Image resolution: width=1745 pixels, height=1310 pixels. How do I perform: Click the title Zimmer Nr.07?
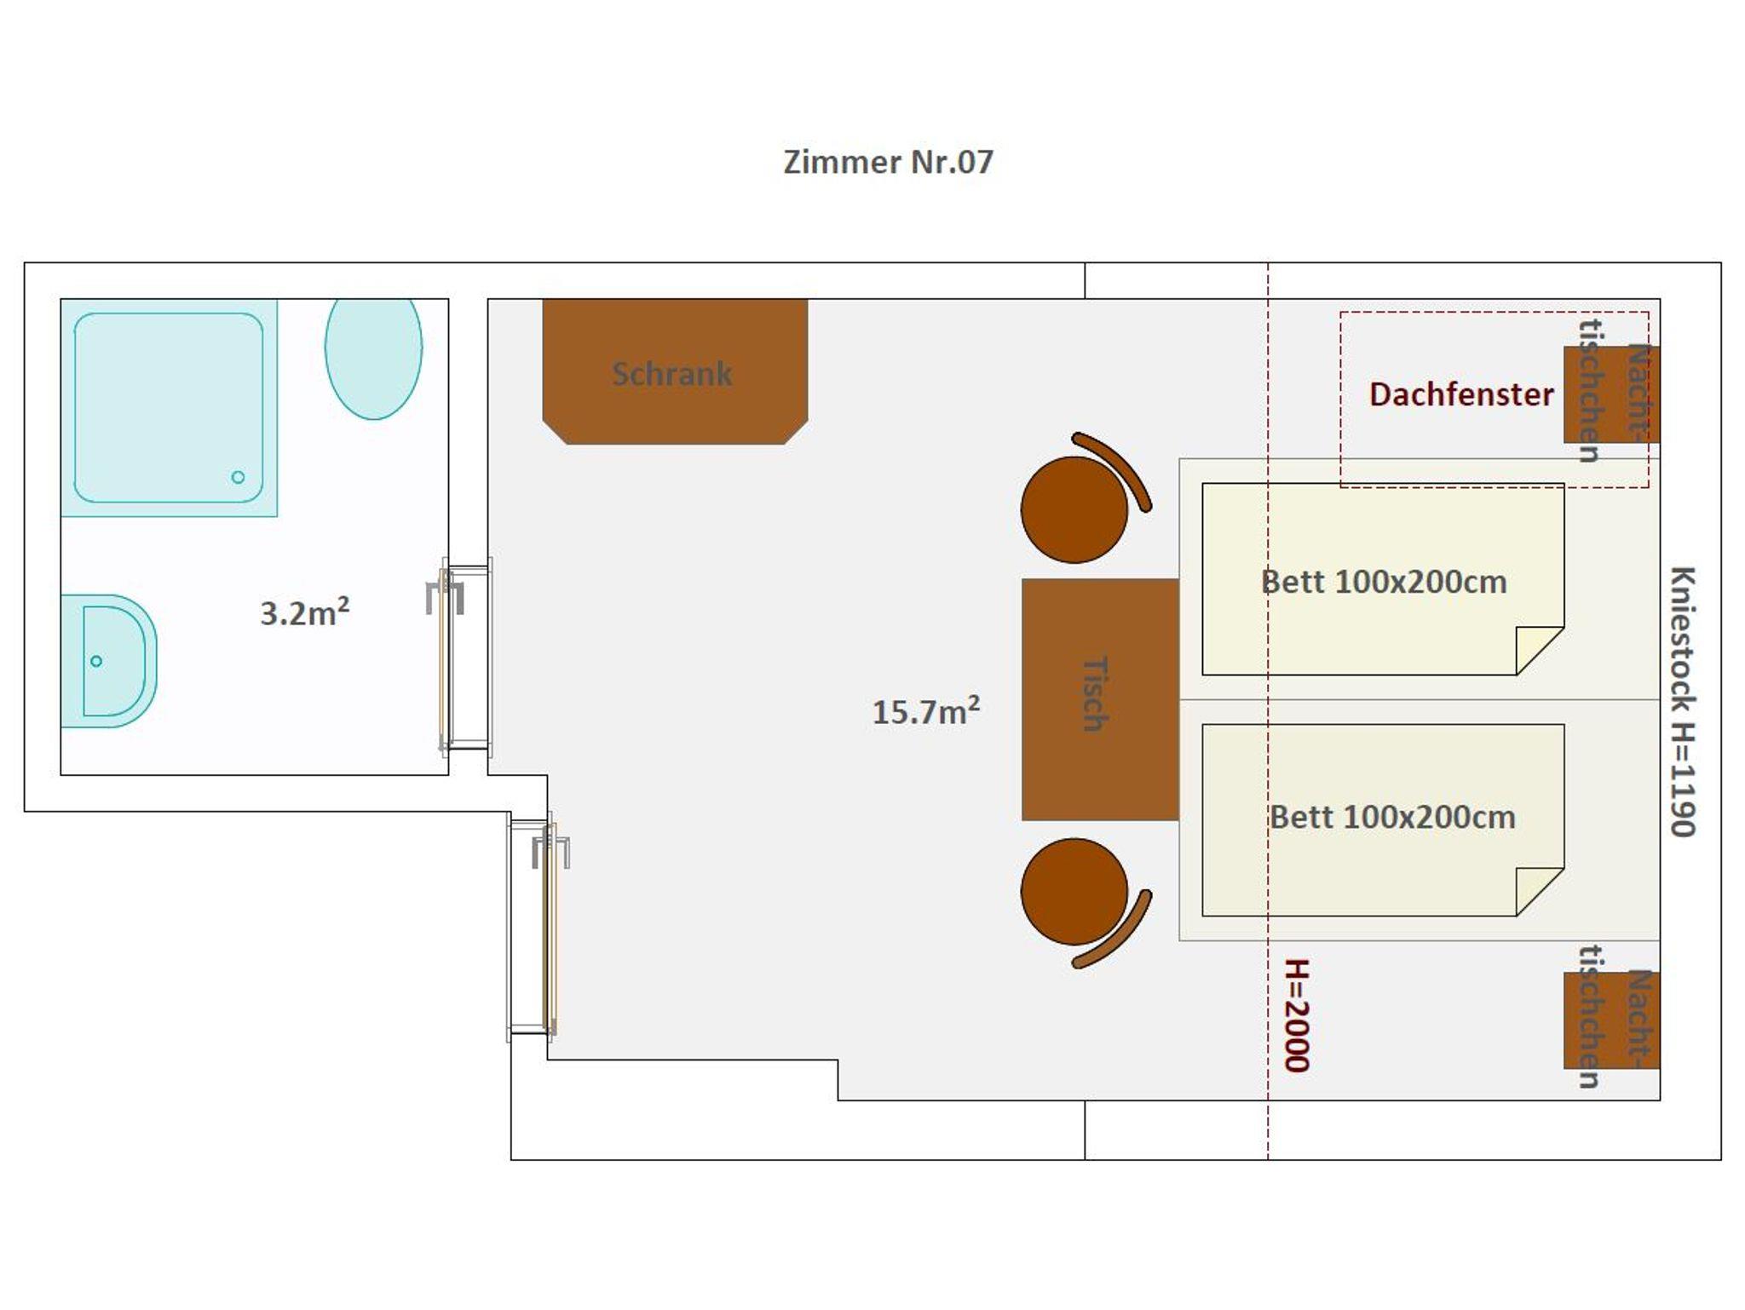[888, 162]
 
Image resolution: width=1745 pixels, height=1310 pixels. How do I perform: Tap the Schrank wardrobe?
[675, 371]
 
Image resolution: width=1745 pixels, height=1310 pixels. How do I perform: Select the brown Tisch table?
[1100, 699]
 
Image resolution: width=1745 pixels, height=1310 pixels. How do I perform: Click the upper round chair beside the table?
[1074, 509]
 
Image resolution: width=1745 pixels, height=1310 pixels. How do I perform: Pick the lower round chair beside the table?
[1074, 891]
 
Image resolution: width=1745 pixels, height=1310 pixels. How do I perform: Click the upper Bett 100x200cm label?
[1384, 582]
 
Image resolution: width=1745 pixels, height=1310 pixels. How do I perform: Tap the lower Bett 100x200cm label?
[1392, 817]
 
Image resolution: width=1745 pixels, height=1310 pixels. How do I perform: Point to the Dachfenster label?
[1461, 394]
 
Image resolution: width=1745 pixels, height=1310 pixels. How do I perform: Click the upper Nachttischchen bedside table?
[1611, 394]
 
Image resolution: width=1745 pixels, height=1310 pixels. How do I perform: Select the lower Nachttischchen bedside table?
[1611, 1020]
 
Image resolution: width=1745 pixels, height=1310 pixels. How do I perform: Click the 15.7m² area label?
[926, 711]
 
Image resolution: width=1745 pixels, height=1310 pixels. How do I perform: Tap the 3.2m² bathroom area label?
[304, 612]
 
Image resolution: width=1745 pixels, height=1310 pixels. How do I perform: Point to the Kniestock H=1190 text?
[1683, 701]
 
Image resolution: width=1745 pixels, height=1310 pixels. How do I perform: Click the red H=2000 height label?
[1297, 1015]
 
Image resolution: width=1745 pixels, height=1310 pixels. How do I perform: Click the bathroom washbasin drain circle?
[96, 661]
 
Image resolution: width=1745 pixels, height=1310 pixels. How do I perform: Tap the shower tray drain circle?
[238, 477]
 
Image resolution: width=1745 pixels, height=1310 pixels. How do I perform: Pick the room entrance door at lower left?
[537, 927]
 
